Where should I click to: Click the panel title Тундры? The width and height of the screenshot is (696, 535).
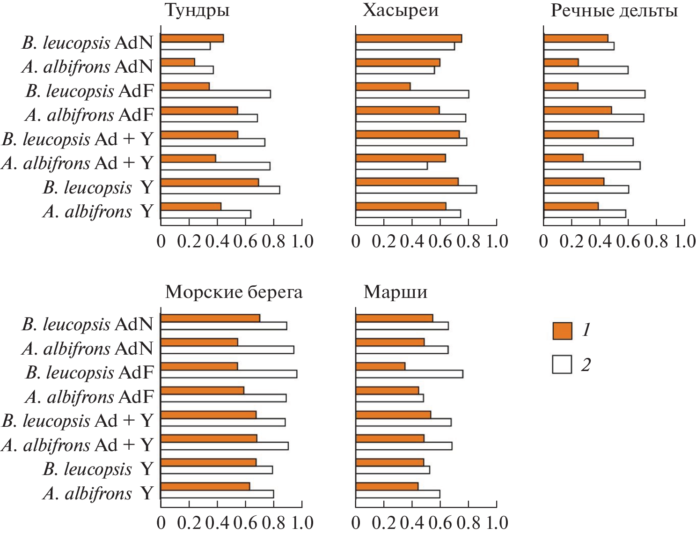tap(197, 10)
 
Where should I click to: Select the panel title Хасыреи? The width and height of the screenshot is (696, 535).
tap(401, 10)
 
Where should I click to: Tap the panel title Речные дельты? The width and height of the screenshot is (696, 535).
tap(614, 10)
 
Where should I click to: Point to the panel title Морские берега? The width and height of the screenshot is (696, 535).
tap(234, 292)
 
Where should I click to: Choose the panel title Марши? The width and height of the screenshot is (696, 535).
tap(396, 292)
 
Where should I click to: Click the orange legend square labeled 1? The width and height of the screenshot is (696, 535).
tap(562, 331)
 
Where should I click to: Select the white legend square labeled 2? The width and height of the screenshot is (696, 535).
tap(562, 364)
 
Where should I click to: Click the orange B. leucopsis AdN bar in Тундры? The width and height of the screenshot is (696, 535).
tap(192, 38)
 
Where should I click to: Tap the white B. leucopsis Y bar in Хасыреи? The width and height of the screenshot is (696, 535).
tap(416, 189)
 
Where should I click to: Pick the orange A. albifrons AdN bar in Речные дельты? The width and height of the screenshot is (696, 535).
tap(561, 62)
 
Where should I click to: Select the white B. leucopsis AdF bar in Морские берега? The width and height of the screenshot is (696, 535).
tap(229, 374)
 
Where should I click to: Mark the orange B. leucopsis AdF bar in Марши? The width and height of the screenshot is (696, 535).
tap(381, 366)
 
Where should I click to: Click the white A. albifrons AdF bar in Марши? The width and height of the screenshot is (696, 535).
tap(389, 398)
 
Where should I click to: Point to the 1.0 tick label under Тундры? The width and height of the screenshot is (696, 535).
tap(302, 242)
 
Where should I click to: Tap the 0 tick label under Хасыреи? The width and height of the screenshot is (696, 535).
tap(356, 242)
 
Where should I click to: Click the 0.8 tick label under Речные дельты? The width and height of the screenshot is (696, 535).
tap(656, 242)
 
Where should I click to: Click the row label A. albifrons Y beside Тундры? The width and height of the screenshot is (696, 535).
tap(98, 212)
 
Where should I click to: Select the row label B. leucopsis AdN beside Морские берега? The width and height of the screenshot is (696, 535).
tap(88, 324)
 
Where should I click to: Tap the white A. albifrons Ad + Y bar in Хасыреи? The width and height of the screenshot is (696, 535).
tap(391, 165)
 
